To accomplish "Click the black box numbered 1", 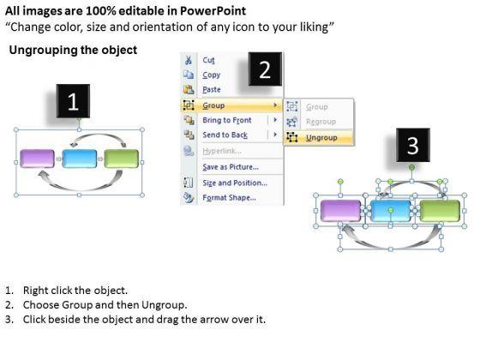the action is [73, 101].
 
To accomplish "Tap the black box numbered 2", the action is [265, 69].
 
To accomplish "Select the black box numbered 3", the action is [413, 145].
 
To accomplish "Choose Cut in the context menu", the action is [209, 60].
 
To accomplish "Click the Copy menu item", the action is [211, 75].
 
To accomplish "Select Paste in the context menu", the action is [212, 90].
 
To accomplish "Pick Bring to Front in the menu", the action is [227, 120].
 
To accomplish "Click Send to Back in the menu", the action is [225, 135].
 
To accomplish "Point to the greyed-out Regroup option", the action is [321, 122].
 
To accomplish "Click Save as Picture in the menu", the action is [231, 167].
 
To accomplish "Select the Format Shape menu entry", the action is [229, 197].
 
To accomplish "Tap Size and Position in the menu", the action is [235, 183].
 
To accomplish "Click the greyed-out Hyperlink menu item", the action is [222, 151].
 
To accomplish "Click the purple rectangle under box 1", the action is [37, 159].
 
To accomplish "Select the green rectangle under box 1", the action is [122, 159].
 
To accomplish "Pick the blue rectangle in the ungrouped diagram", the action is [390, 211].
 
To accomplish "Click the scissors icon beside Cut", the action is [189, 60].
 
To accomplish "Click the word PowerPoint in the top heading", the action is [213, 11].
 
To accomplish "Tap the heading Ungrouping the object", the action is [73, 50].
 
